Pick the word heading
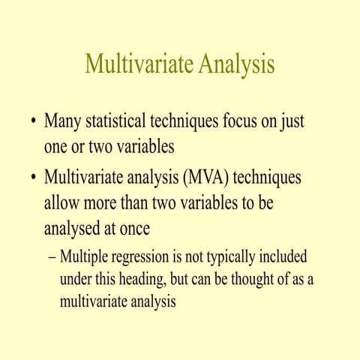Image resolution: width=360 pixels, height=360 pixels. coord(150,280)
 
